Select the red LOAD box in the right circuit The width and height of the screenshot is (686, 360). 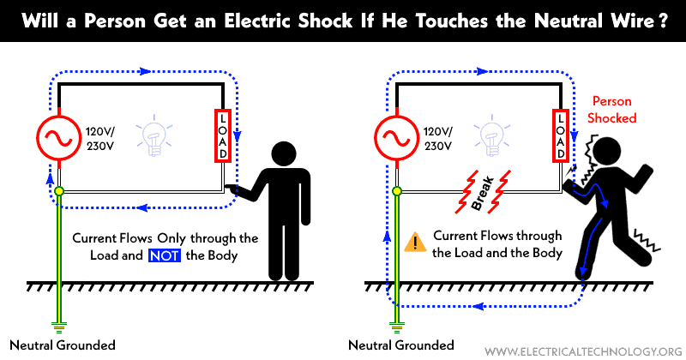click(560, 135)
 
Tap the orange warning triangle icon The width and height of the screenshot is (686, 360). click(414, 243)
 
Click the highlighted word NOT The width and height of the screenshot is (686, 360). click(164, 255)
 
